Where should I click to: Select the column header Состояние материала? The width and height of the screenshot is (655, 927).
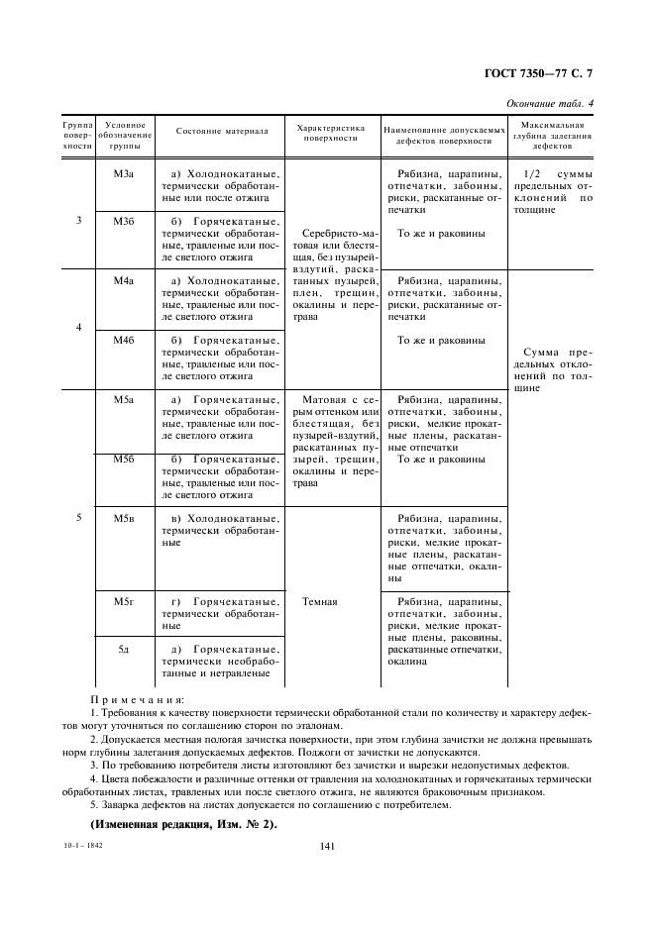tap(222, 130)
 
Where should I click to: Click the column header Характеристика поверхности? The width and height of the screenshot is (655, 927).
tap(330, 134)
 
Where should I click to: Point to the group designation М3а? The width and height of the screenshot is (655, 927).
tap(124, 172)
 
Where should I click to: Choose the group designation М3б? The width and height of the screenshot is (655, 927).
tap(124, 220)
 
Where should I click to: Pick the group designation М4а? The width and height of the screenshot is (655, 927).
tap(124, 281)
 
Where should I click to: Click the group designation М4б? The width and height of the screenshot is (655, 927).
tap(124, 340)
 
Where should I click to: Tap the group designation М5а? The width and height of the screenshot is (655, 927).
tap(124, 399)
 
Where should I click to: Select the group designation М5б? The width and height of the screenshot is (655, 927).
tap(124, 459)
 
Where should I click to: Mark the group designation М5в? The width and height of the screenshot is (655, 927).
tap(124, 518)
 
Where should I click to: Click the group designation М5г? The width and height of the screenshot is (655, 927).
tap(124, 601)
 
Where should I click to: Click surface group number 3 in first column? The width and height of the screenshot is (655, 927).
tap(78, 220)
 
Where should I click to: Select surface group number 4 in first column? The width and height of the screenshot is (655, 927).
tap(78, 327)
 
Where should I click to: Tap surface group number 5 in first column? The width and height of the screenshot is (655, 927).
tap(78, 518)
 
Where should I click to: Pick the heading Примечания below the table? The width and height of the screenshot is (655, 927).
tap(131, 699)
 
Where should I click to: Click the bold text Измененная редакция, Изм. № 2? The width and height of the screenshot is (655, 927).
tap(183, 825)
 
